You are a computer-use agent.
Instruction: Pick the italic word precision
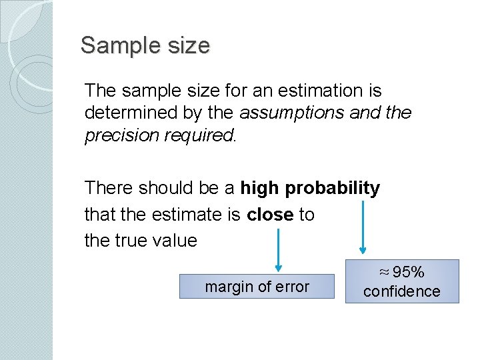click(x=117, y=135)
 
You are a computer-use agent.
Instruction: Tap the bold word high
click(x=260, y=189)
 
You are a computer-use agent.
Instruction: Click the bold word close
click(x=270, y=215)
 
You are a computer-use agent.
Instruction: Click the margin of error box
click(x=257, y=287)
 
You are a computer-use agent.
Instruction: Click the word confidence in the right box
click(x=402, y=291)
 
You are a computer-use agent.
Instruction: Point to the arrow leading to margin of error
click(x=279, y=247)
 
